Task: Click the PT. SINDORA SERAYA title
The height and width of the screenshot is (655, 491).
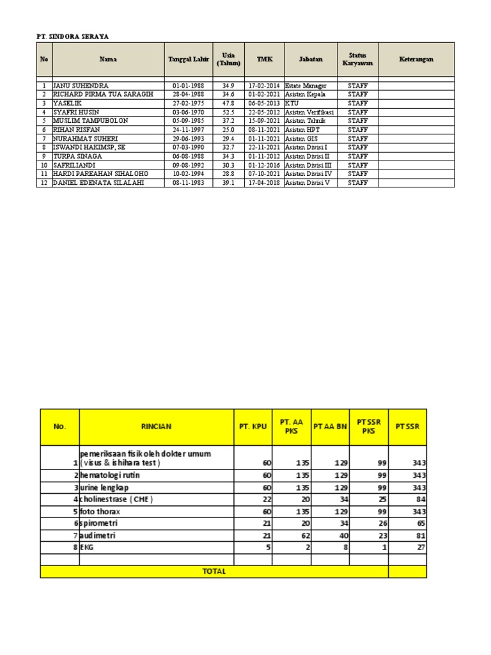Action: coord(72,37)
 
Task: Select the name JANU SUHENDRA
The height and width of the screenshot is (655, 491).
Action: coord(81,85)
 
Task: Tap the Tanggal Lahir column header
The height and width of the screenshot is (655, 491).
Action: coord(189,59)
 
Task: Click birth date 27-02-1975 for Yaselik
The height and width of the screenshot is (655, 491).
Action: coord(189,103)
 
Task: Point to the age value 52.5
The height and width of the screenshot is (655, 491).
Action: coord(228,112)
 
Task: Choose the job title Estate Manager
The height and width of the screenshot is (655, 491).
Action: coord(306,85)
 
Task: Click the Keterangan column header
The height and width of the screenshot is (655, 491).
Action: coord(416,59)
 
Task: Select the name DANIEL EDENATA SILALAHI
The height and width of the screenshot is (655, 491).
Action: coord(98,182)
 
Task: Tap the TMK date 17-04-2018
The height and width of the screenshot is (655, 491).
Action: coord(264,182)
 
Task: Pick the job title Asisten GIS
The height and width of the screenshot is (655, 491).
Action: coord(303,138)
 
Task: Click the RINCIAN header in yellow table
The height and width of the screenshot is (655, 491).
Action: coord(156,427)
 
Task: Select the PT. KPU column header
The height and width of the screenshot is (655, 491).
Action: coord(253,427)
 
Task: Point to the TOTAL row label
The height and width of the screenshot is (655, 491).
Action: coord(214,571)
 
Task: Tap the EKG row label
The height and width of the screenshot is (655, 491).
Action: coord(86,548)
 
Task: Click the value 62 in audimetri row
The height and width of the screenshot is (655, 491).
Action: coord(303,535)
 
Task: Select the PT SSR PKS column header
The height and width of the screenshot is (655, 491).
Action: coord(369,427)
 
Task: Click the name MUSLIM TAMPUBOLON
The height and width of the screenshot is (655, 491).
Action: coord(90,120)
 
